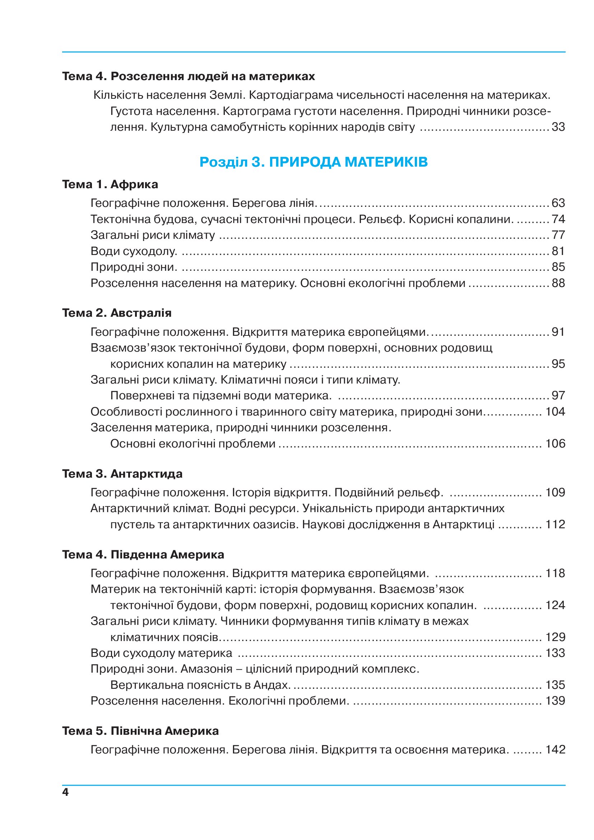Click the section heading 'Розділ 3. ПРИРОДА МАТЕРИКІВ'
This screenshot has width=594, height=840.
click(314, 162)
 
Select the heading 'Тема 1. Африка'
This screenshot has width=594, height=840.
click(110, 184)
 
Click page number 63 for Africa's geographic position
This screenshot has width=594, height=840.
click(558, 203)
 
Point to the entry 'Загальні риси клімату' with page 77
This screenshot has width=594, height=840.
click(153, 235)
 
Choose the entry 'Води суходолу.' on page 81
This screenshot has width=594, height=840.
click(134, 251)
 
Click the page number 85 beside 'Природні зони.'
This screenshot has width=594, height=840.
click(558, 267)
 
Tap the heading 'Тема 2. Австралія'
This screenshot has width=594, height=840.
click(117, 313)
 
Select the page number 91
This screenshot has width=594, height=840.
click(558, 332)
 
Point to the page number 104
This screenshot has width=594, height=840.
click(555, 412)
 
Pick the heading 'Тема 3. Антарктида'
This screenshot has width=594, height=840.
click(122, 474)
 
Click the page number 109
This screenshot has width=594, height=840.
click(555, 492)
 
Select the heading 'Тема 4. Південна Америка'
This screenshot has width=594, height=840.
click(143, 554)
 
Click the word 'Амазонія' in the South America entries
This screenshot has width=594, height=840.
click(206, 669)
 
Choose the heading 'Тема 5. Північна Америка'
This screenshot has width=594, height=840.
click(140, 731)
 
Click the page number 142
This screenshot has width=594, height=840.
click(555, 749)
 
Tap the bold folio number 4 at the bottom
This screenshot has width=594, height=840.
click(65, 793)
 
